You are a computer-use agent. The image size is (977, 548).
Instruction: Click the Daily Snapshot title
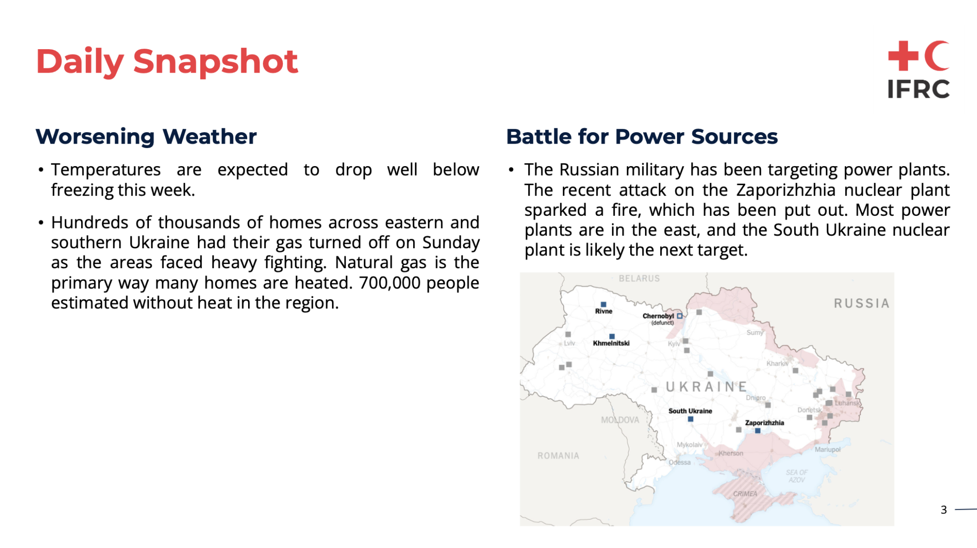click(x=167, y=62)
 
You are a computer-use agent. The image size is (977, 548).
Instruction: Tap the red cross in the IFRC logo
click(x=903, y=56)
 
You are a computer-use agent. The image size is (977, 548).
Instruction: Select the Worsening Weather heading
click(x=146, y=137)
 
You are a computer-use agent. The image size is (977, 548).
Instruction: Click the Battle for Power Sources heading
click(x=642, y=137)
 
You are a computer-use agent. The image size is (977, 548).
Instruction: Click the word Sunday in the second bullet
click(x=451, y=243)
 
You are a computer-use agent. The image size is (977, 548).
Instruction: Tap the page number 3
click(x=944, y=510)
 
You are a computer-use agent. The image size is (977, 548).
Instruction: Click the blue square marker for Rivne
click(x=603, y=305)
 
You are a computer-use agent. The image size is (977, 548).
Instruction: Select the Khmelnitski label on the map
click(x=611, y=343)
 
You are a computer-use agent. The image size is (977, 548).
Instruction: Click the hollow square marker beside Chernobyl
click(x=680, y=316)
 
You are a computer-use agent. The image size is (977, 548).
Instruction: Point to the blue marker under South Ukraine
click(x=690, y=419)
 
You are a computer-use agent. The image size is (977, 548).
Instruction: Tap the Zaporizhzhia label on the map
click(x=764, y=423)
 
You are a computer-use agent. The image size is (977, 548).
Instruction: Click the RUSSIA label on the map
click(x=862, y=304)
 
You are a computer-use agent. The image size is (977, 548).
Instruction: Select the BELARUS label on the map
click(x=639, y=278)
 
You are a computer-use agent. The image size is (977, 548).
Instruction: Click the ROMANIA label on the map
click(x=558, y=456)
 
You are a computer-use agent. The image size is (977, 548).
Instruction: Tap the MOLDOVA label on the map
click(x=620, y=420)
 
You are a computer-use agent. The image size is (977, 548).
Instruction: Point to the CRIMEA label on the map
click(x=745, y=494)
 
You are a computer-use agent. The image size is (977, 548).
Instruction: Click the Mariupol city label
click(x=828, y=450)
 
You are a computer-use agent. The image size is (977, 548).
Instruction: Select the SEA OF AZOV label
click(x=797, y=476)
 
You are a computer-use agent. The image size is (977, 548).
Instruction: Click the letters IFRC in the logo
click(x=918, y=89)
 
